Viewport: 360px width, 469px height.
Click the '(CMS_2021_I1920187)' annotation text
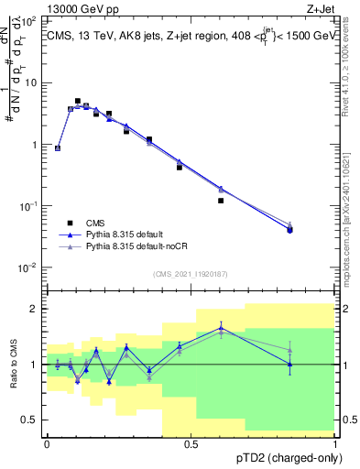click(190, 274)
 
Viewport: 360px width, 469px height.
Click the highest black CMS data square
click(78, 101)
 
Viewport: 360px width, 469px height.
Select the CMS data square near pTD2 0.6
click(221, 201)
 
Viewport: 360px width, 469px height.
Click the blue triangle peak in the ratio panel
click(221, 327)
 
